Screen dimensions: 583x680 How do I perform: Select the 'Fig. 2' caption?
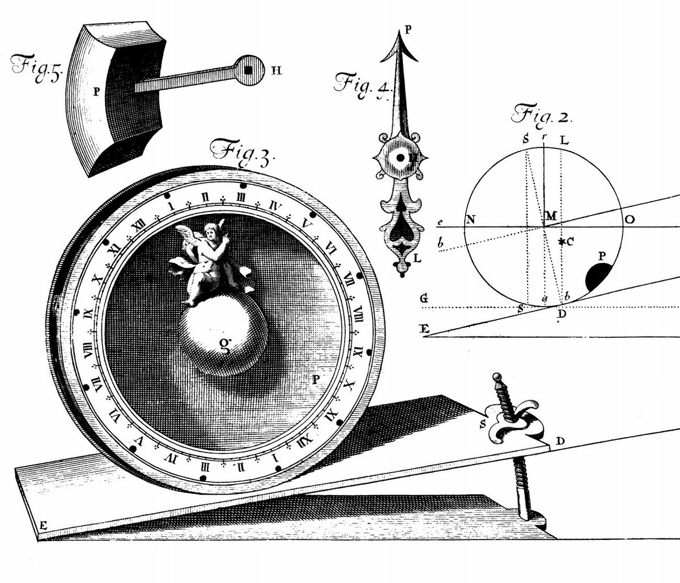point(542,115)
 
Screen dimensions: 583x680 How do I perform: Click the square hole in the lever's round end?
point(248,70)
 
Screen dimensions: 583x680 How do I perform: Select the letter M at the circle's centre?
point(551,217)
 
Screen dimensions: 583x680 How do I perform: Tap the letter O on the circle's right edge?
point(629,220)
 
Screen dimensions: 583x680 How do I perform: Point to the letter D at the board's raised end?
point(559,441)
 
